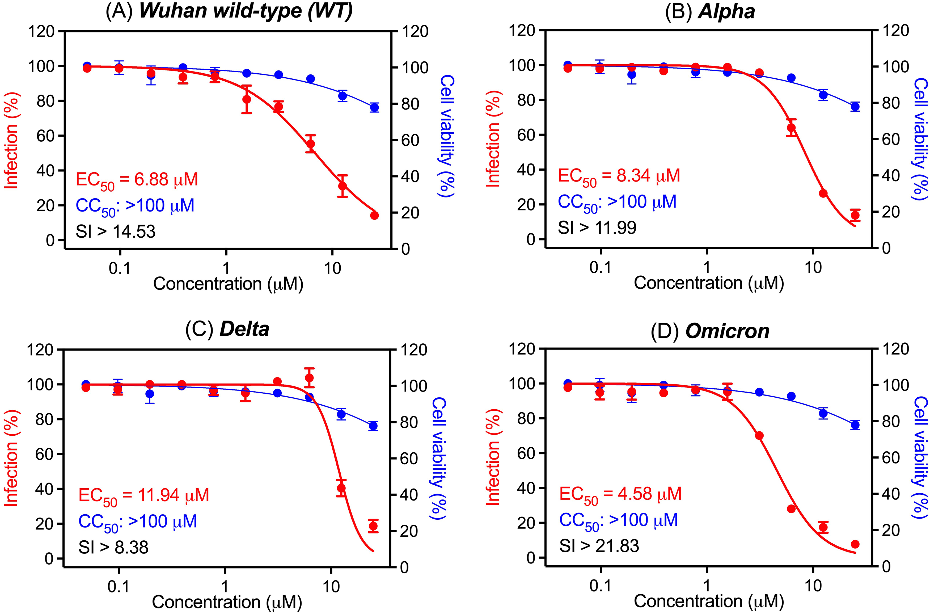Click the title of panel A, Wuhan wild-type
tap(229, 11)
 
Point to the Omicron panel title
tap(710, 331)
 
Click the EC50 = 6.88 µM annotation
tap(137, 181)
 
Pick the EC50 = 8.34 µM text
tap(619, 177)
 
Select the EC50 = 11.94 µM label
tap(144, 497)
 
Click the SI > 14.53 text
tap(116, 232)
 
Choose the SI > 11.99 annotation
tap(597, 228)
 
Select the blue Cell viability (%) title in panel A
tap(447, 137)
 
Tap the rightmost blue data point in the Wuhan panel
tap(374, 108)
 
